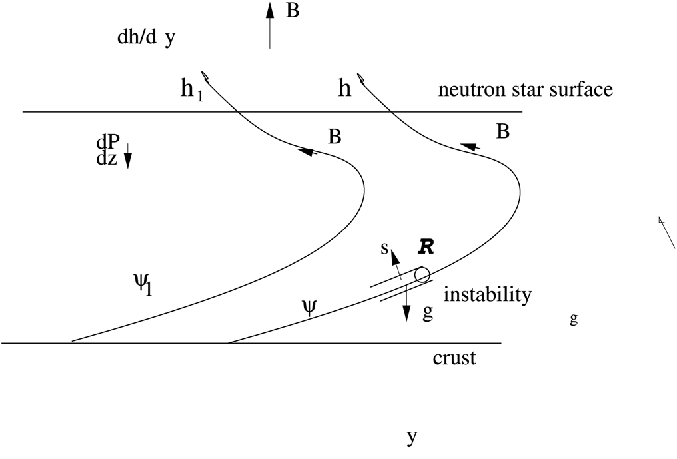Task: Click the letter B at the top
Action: point(293,11)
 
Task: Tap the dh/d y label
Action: point(145,37)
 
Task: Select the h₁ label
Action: point(191,90)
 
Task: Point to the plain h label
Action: point(344,89)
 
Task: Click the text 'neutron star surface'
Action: point(526,89)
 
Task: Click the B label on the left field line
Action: point(335,137)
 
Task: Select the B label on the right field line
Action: point(504,131)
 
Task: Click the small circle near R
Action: point(421,274)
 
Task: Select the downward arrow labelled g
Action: point(406,308)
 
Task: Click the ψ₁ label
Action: point(143,284)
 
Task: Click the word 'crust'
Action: point(454,358)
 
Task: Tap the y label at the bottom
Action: point(412,438)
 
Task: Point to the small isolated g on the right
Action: point(574,319)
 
